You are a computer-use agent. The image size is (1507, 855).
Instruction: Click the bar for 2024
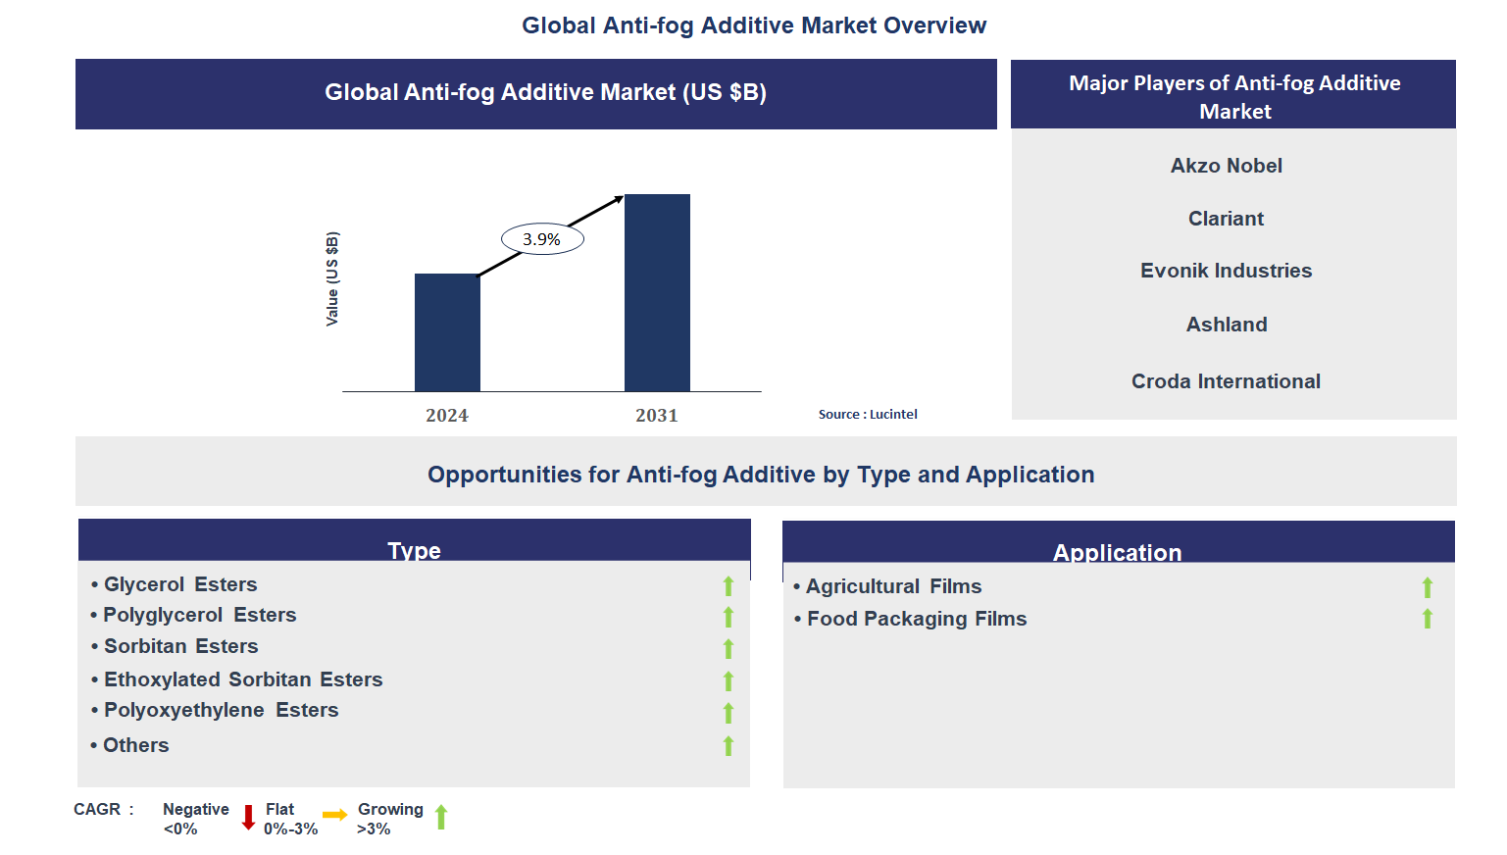pos(447,332)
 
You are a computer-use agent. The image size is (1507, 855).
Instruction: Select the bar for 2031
pos(657,292)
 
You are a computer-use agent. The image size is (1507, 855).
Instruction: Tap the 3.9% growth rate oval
pos(542,239)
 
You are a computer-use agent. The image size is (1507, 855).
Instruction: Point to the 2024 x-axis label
pos(447,415)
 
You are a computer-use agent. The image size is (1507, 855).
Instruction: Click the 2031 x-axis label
pos(657,415)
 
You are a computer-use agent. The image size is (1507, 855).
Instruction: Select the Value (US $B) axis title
pos(332,279)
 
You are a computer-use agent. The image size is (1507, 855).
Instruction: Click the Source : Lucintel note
pos(868,415)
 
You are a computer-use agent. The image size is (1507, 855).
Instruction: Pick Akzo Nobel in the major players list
pos(1227,166)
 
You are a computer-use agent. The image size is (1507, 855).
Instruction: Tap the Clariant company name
pos(1226,219)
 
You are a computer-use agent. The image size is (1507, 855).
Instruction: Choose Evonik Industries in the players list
pos(1226,271)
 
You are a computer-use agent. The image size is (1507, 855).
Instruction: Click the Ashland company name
pos(1227,325)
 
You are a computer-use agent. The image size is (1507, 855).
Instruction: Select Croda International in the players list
pos(1226,381)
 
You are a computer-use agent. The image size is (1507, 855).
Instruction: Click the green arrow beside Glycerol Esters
pos(728,586)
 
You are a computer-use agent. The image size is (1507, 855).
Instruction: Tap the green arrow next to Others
pos(728,745)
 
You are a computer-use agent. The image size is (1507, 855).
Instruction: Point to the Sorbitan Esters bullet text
pos(181,646)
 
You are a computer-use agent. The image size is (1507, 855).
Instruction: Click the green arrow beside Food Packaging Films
pos(1427,619)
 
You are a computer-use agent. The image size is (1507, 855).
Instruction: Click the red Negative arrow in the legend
pos(248,818)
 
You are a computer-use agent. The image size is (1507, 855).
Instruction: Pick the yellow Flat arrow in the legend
pos(335,815)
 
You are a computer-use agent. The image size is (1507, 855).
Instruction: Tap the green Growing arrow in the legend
pos(441,817)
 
